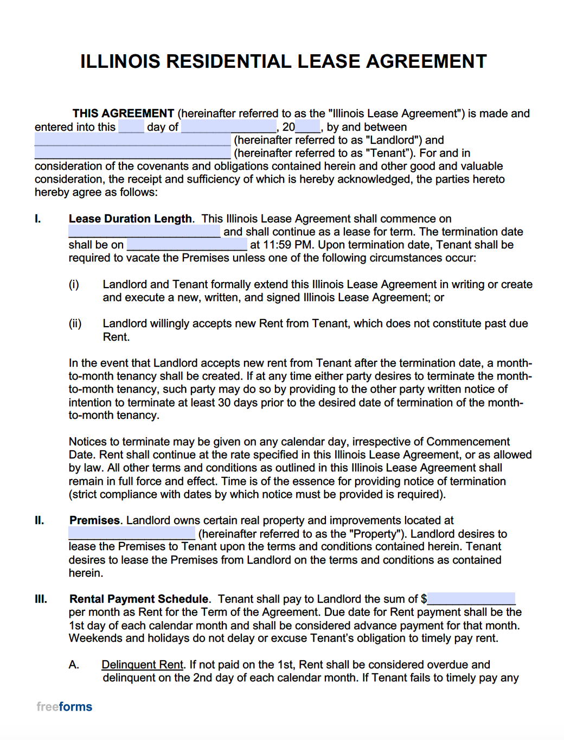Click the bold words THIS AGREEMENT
coord(123,113)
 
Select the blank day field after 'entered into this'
coord(131,127)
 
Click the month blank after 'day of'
coord(229,127)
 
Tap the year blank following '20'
coord(307,127)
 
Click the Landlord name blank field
coord(133,140)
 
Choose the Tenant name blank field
coord(133,153)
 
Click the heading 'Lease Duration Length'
coord(130,219)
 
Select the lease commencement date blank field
coord(144,232)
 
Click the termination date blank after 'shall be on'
coord(187,245)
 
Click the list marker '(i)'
coord(74,284)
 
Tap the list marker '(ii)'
coord(75,324)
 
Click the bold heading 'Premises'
coord(94,520)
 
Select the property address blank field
coord(132,533)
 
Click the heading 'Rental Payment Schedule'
coord(139,599)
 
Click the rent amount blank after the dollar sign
coord(471,599)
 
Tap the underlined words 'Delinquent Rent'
coord(142,665)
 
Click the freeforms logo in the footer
coord(65,706)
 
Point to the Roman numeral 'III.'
coord(41,599)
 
